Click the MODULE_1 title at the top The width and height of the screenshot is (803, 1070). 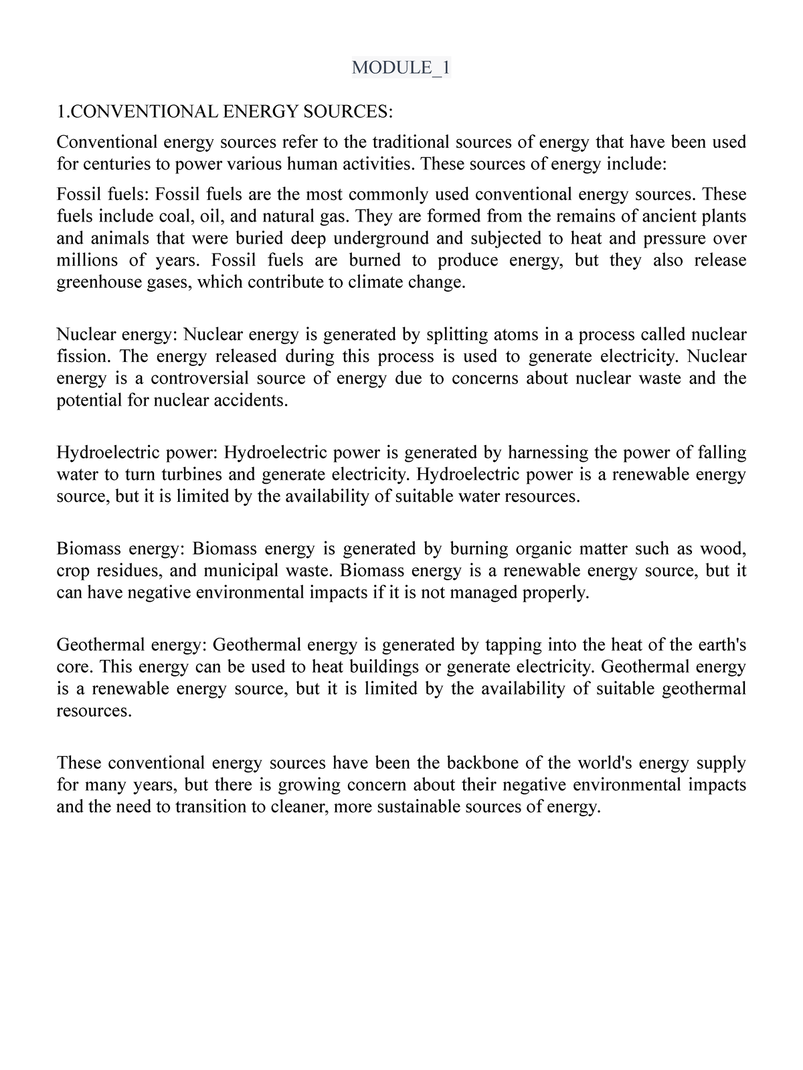tap(401, 68)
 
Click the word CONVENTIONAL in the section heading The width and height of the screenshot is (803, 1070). tap(144, 111)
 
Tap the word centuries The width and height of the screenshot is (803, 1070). tap(114, 164)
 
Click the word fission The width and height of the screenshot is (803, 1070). tap(78, 357)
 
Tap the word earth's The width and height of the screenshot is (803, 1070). tap(722, 645)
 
